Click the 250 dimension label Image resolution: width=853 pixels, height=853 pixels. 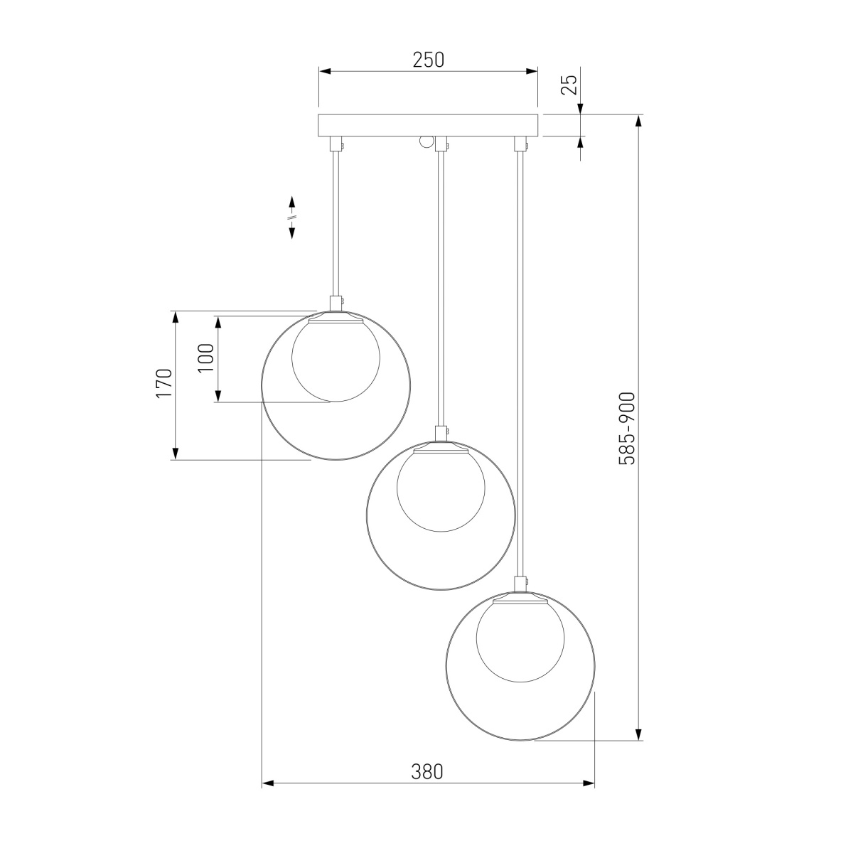pyautogui.click(x=428, y=60)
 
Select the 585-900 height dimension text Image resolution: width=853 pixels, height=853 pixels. pyautogui.click(x=627, y=428)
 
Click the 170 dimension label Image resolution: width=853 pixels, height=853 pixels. pyautogui.click(x=163, y=383)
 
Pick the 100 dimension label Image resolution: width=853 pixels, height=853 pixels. pyautogui.click(x=206, y=358)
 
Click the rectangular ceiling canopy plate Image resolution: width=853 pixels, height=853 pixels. pyautogui.click(x=428, y=125)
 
